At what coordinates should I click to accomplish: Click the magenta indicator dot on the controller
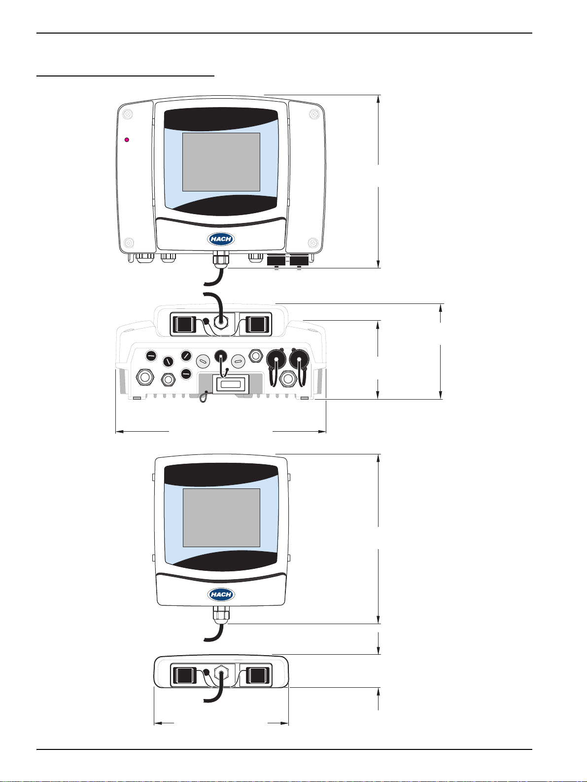(x=127, y=140)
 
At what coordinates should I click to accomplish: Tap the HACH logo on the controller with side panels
(x=221, y=239)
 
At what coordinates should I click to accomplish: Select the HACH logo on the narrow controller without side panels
(x=221, y=595)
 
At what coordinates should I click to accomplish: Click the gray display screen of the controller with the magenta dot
(x=221, y=162)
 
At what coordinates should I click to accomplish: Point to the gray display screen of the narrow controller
(x=221, y=518)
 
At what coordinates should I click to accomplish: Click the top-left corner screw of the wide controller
(x=127, y=114)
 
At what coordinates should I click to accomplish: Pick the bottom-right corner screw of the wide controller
(x=312, y=242)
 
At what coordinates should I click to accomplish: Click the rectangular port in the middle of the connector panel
(x=231, y=384)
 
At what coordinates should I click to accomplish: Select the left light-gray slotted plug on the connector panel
(x=203, y=361)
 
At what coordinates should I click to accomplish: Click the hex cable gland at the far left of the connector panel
(x=145, y=378)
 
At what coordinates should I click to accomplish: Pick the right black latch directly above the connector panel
(x=257, y=324)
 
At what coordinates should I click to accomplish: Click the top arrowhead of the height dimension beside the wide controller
(x=379, y=98)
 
